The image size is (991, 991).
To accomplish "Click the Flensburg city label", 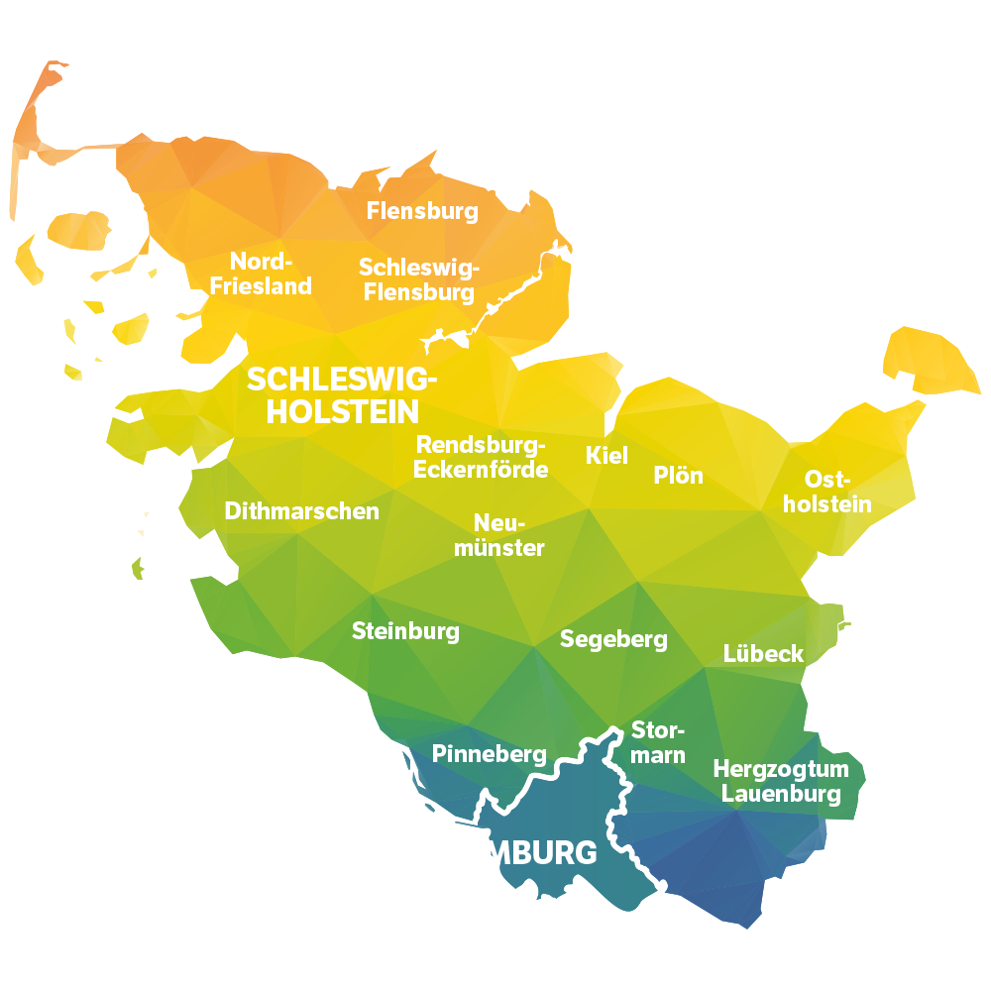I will tap(422, 211).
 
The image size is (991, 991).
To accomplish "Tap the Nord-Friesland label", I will tap(262, 274).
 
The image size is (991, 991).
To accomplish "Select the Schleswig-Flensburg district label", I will tap(418, 280).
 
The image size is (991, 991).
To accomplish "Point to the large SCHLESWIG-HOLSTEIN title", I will tap(342, 394).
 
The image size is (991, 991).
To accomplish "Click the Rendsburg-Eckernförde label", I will tap(481, 457).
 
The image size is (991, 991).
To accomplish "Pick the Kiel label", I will tap(606, 456).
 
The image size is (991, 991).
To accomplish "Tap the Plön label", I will tap(678, 476).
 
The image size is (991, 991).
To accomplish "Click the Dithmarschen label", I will tap(301, 511).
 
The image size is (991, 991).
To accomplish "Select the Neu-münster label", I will tap(499, 535).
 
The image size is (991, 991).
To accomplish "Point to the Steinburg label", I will tap(405, 631).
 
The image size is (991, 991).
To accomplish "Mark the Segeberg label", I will tap(613, 639).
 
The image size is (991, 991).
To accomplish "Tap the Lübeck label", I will tap(763, 654).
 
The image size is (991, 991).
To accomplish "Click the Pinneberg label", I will tap(489, 754).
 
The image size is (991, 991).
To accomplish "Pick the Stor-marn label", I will tap(658, 742).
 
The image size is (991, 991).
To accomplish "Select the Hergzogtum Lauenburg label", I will tap(781, 781).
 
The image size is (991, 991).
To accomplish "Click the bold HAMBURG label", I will tap(517, 853).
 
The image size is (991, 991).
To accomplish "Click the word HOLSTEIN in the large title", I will tap(342, 411).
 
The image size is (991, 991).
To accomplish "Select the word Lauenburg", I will tap(781, 793).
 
